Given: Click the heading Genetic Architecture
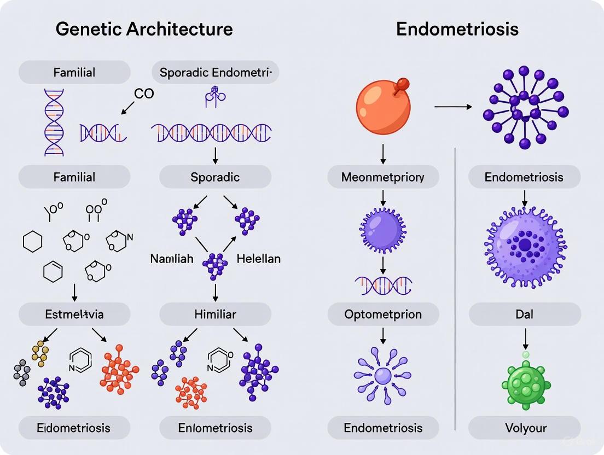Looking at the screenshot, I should point(144,29).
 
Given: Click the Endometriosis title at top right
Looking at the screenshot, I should point(457,29).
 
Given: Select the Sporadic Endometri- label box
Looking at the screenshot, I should point(219,72).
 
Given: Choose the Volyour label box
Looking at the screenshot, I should point(525,428).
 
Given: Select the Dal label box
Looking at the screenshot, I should point(525,314).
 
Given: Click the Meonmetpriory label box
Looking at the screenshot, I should point(383,177).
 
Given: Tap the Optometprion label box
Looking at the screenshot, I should point(383,314).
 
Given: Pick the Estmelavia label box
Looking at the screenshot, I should point(74,314).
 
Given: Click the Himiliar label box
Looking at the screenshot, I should point(215,314).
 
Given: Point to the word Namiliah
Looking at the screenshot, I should point(172,259).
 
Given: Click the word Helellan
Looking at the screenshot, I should point(258,259).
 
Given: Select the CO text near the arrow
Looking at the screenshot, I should point(144,94).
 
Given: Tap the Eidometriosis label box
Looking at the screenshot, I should point(74,428).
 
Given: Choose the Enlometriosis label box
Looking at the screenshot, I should point(215,428).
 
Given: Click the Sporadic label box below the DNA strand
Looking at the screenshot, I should point(215,177).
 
